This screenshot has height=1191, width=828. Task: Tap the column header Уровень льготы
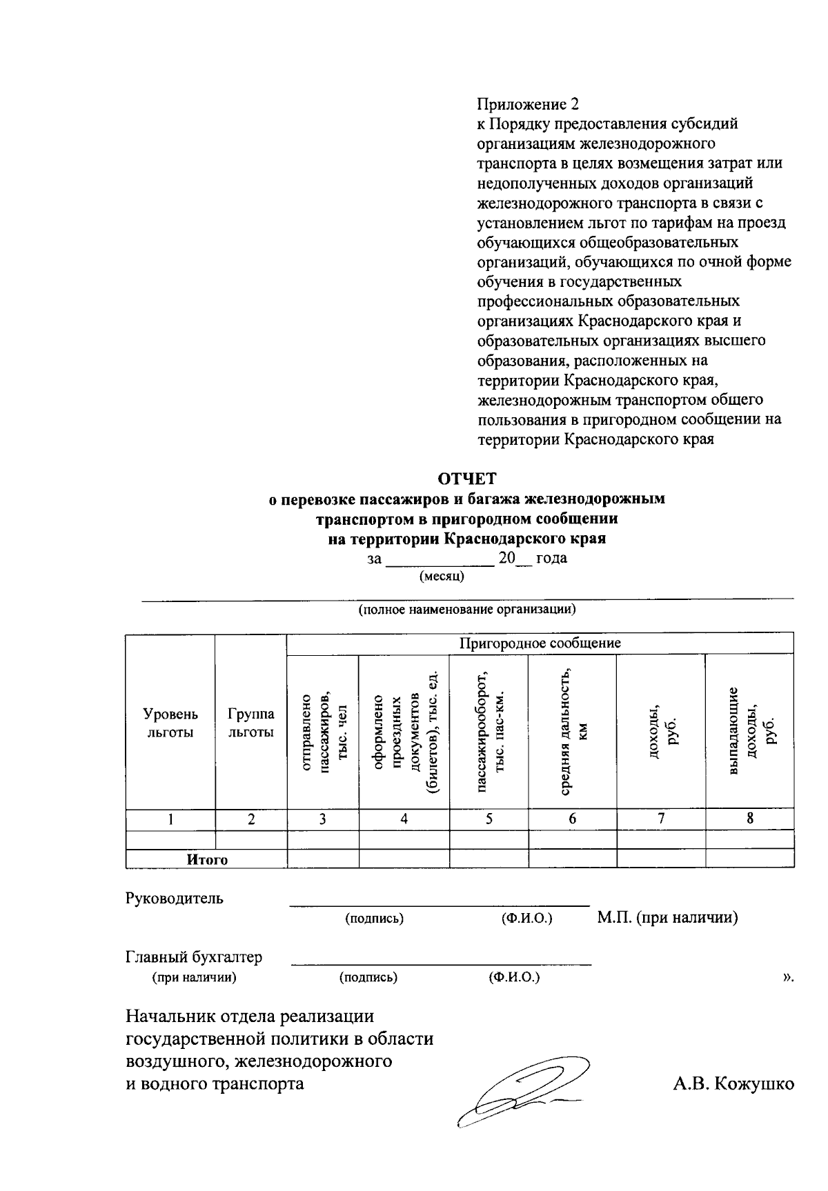pos(170,723)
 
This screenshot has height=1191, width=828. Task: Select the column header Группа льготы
pos(251,723)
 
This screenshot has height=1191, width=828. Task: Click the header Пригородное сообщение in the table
pos(540,643)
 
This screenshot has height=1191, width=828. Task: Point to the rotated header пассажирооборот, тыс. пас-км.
pos(489,731)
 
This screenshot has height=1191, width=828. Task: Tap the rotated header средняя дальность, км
pos(572,731)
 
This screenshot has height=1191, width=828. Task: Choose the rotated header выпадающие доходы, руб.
pos(749,731)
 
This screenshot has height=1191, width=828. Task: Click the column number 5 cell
pos(489,819)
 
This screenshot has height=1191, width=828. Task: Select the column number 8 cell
pos(749,819)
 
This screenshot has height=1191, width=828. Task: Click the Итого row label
pos(207,859)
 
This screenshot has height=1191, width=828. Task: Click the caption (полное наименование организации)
pos(466,610)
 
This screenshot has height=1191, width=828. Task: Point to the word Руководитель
pos(175,899)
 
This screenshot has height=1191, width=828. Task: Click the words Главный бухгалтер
pos(194,957)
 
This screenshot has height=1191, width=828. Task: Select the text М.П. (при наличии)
pos(667,918)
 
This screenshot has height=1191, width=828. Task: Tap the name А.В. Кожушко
pos(733,1083)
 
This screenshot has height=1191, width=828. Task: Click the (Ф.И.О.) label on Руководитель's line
pos(527,919)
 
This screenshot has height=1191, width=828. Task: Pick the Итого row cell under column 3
pos(323,859)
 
